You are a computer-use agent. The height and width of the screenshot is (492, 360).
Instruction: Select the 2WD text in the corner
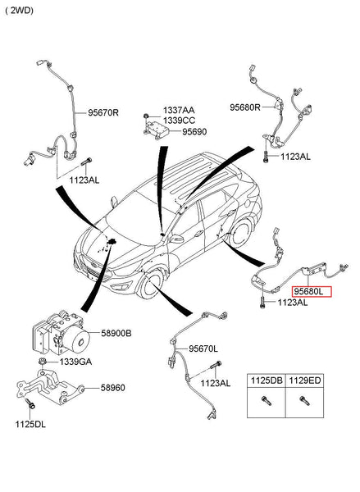point(20,11)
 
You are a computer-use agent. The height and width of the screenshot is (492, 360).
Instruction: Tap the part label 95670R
point(103,112)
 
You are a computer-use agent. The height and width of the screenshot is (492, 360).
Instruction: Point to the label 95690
point(194,132)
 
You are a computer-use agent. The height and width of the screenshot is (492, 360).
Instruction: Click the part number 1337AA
point(179,110)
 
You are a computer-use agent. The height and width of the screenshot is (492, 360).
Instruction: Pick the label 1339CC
point(179,121)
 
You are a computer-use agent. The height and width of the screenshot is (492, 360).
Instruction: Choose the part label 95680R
point(245,107)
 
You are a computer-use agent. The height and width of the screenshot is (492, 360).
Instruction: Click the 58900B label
point(116,333)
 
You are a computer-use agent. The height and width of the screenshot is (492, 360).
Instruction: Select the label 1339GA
point(75,362)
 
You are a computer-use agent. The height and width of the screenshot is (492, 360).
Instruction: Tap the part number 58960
point(112,388)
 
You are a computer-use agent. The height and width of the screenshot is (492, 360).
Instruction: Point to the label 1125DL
point(30,425)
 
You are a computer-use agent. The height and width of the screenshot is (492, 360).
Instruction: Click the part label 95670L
point(203,348)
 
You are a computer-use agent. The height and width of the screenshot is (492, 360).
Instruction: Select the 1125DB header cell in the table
point(267,380)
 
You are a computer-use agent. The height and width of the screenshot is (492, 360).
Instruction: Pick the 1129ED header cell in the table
point(305,380)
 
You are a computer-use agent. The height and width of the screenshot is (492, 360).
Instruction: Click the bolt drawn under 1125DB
point(267,401)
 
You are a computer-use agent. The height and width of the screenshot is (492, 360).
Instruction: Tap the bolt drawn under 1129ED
point(304,401)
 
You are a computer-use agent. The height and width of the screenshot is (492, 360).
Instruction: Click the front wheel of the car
point(150,285)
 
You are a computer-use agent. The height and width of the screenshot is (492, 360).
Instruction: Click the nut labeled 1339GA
point(43,362)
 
